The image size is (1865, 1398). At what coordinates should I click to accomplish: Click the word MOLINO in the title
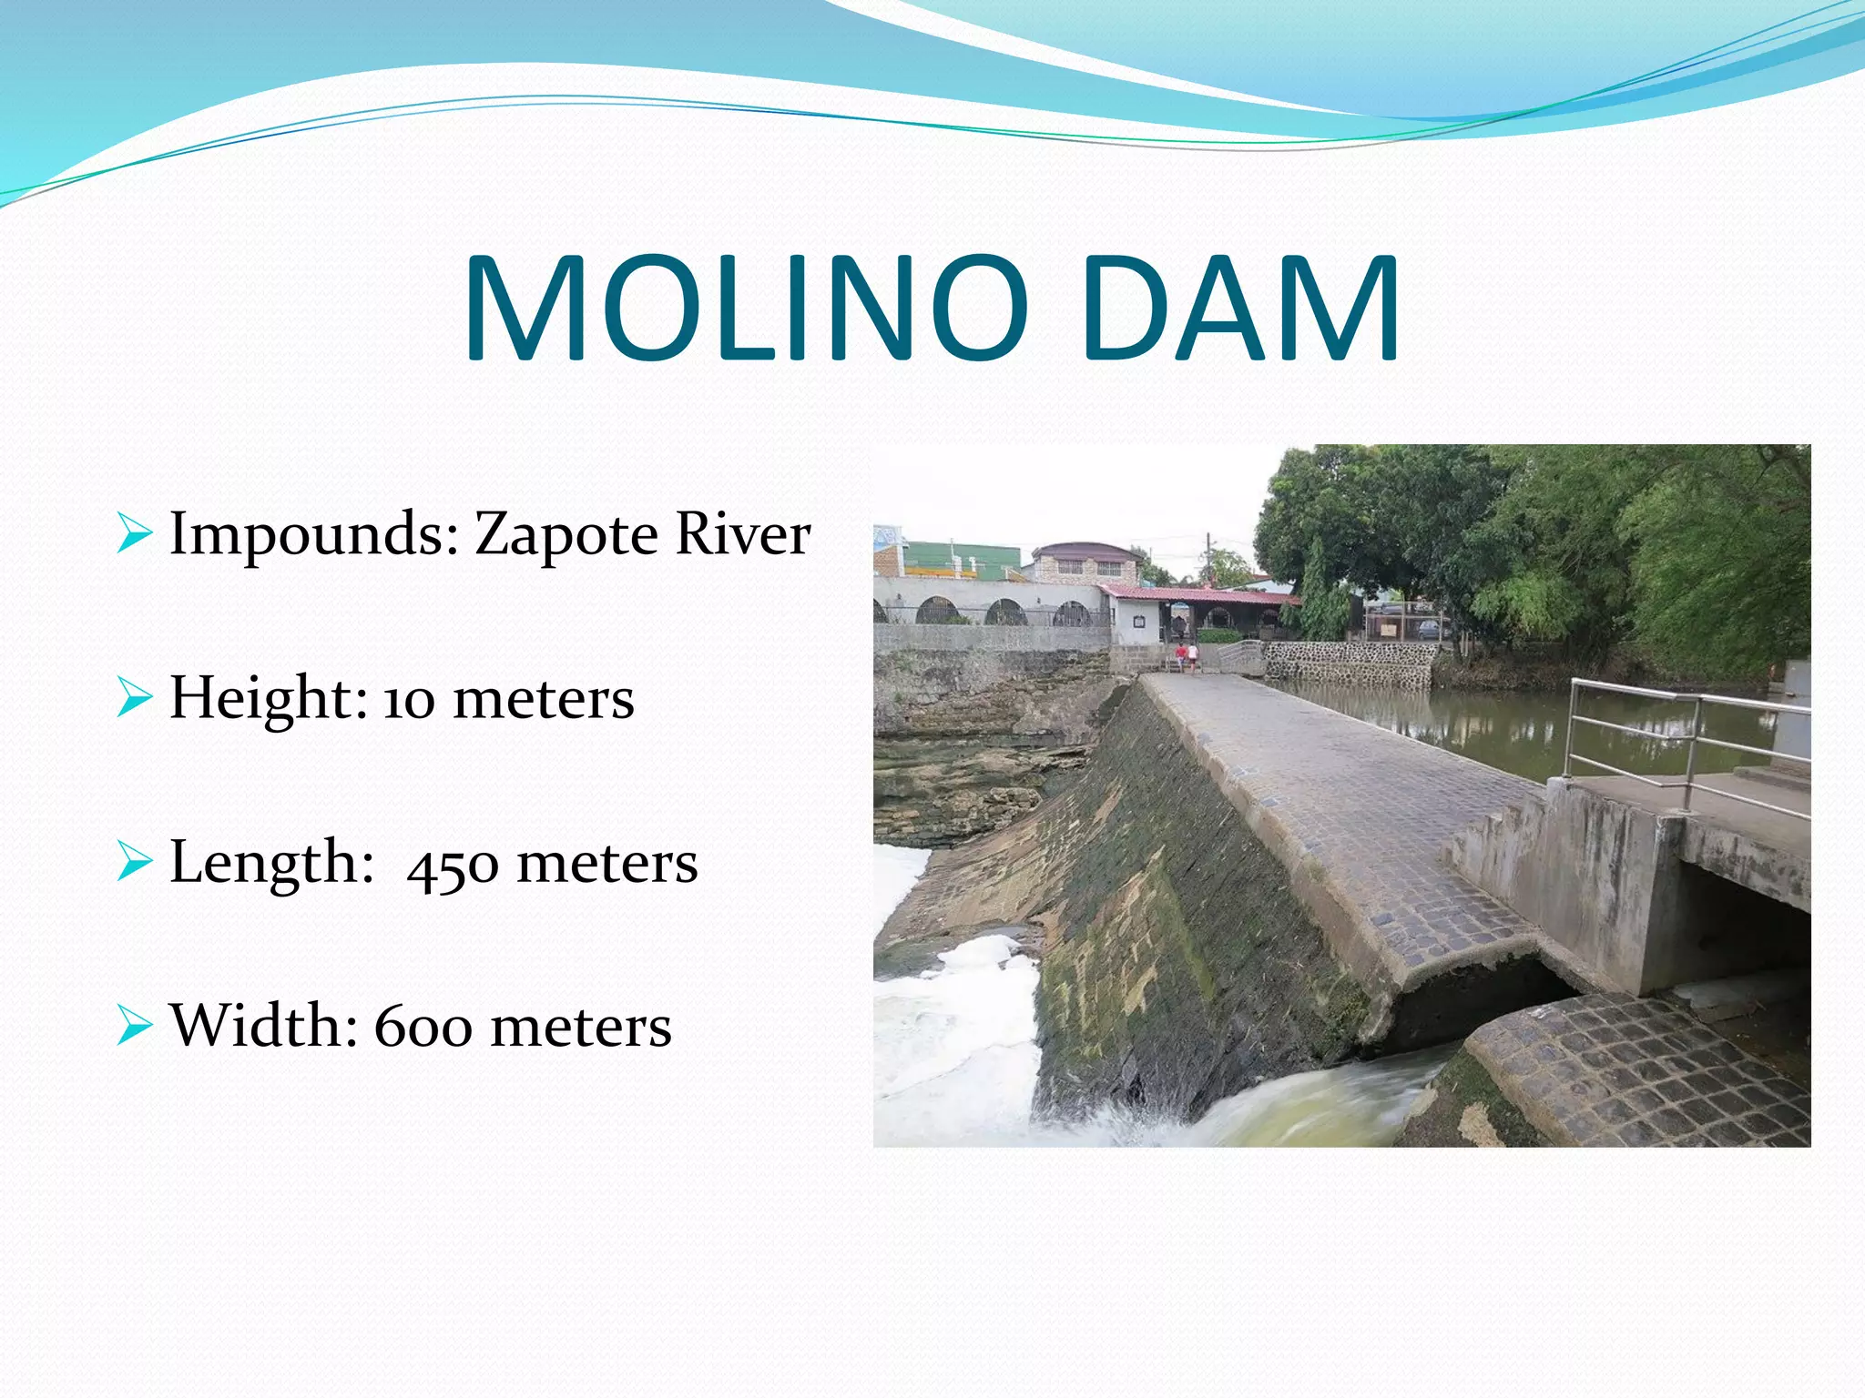[x=747, y=309]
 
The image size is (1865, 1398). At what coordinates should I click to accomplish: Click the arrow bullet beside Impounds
[x=134, y=534]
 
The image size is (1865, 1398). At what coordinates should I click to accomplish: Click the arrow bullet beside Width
[x=134, y=1027]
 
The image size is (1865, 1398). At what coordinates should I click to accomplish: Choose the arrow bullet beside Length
[x=134, y=863]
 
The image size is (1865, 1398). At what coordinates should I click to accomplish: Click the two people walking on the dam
[x=1187, y=655]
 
